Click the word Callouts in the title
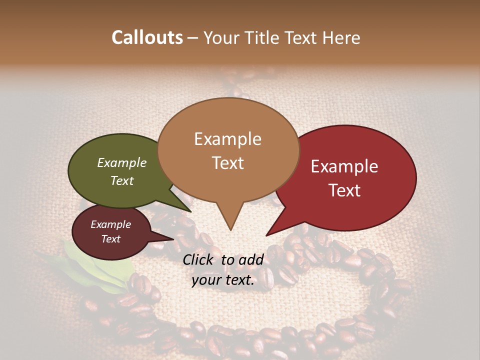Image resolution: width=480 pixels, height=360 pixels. pyautogui.click(x=147, y=37)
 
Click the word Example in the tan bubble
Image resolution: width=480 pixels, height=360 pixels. pyautogui.click(x=227, y=139)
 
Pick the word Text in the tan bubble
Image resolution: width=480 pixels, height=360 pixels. pyautogui.click(x=227, y=163)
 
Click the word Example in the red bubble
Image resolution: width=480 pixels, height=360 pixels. pyautogui.click(x=344, y=166)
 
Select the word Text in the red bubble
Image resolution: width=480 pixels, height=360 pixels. pyautogui.click(x=344, y=190)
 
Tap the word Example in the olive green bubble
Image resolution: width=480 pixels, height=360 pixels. pyautogui.click(x=122, y=162)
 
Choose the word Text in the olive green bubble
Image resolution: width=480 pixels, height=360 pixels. pyautogui.click(x=122, y=180)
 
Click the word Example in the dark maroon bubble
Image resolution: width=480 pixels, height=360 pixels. pyautogui.click(x=110, y=224)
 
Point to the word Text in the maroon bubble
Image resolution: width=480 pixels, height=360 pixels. pyautogui.click(x=110, y=239)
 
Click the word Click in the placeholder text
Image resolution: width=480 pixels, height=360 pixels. pyautogui.click(x=199, y=259)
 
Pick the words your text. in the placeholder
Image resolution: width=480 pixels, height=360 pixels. pyautogui.click(x=223, y=280)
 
